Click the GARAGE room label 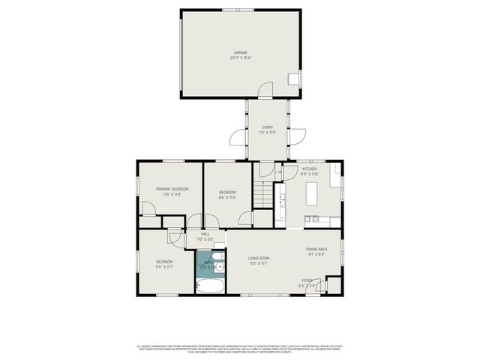(240, 52)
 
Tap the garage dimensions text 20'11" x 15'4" (240, 58)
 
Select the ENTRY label (267, 127)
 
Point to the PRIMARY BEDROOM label (172, 189)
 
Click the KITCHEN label (310, 169)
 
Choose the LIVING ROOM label (259, 259)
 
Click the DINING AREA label (316, 249)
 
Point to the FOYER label (307, 280)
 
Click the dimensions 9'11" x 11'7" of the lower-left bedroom (164, 266)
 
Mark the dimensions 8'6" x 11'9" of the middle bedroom (228, 198)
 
